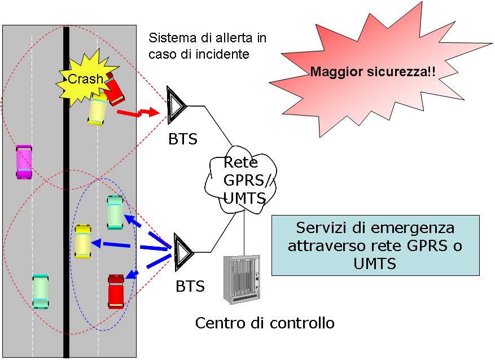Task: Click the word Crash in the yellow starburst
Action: click(x=85, y=79)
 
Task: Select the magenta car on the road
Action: click(x=24, y=162)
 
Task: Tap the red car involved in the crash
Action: click(x=115, y=90)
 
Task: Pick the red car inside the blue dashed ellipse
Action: click(x=116, y=291)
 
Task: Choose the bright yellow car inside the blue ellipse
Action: click(x=83, y=242)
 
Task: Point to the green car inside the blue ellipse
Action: click(x=115, y=212)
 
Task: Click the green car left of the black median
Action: click(x=41, y=291)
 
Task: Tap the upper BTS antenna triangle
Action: click(x=177, y=105)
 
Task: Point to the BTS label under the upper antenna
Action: click(x=183, y=139)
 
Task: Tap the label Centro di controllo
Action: click(x=265, y=323)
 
